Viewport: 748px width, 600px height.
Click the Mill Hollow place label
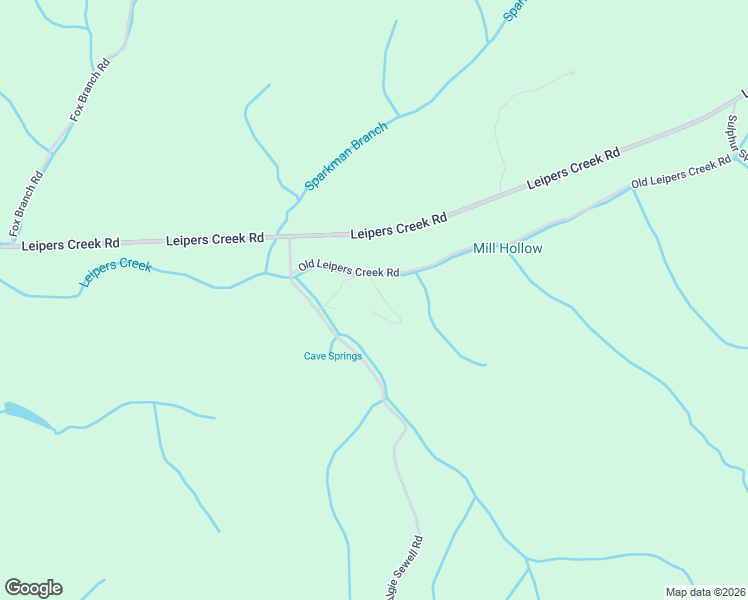507,248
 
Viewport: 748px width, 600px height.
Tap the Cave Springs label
332,356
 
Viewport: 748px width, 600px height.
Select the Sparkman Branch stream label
345,157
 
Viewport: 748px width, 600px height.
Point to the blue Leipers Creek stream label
115,273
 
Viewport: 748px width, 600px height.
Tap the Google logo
33,588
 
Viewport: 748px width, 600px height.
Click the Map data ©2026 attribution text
705,591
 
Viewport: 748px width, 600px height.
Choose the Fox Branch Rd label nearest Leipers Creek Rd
27,204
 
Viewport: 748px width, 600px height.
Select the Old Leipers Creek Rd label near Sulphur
681,173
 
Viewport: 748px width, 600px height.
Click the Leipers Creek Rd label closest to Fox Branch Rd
70,243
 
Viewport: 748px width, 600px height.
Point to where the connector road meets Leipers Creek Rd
290,238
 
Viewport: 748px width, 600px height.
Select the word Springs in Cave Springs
345,356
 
